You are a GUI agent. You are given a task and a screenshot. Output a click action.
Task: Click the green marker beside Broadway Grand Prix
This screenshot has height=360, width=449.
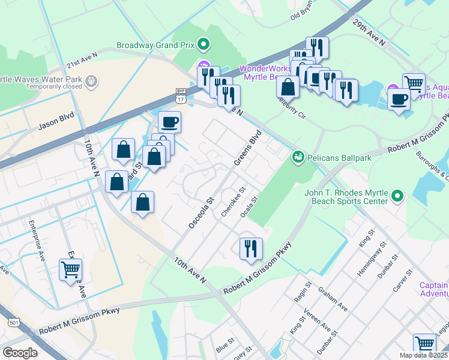(203, 44)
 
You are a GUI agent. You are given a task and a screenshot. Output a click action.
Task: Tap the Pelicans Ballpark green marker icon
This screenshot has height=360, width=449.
(297, 157)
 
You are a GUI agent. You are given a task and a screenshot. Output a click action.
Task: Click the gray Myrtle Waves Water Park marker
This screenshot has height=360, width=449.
(91, 80)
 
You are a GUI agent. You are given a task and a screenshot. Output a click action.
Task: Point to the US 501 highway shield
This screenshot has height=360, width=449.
(13, 322)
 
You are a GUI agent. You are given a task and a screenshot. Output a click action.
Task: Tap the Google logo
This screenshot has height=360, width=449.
(20, 353)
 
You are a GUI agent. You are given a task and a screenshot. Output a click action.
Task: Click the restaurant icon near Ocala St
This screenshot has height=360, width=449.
(250, 248)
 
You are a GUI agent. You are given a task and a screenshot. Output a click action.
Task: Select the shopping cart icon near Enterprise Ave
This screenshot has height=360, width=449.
(70, 269)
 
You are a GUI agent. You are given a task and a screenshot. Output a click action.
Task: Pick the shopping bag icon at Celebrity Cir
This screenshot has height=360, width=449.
(288, 86)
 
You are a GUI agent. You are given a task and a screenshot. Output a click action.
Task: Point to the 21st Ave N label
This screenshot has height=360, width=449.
(82, 63)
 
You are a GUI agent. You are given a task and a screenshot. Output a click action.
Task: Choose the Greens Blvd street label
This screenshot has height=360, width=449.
(247, 148)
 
